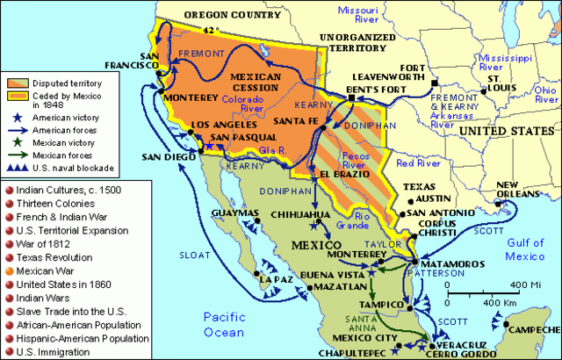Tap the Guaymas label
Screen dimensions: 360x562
click(x=233, y=212)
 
